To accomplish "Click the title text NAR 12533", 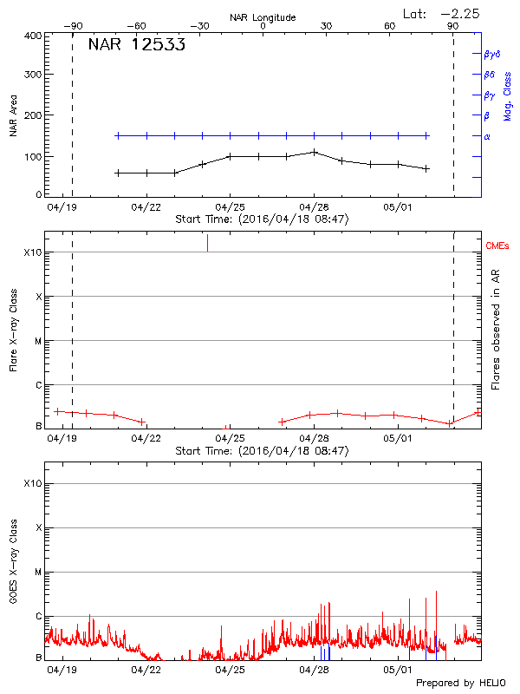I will click(136, 46).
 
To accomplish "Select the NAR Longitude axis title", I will click(263, 17).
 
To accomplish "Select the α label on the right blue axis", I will click(487, 136).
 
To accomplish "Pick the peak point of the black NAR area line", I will click(315, 152).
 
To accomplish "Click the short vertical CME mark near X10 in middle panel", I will click(207, 243).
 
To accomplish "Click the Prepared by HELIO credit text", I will click(459, 683).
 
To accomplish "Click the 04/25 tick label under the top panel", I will click(230, 208).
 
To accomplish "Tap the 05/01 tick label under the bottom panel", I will click(398, 671).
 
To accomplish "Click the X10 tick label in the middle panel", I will click(34, 252).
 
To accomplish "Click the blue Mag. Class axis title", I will click(507, 96).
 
